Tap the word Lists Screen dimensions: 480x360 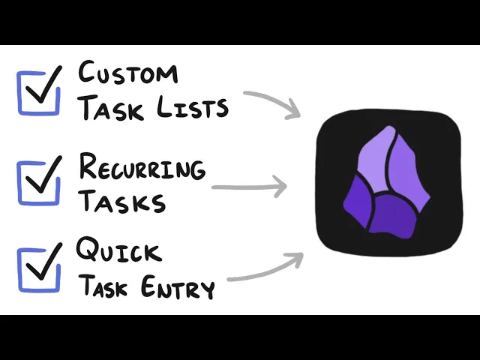(x=197, y=108)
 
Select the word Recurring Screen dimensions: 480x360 (x=142, y=166)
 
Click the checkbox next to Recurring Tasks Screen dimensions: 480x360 (x=39, y=181)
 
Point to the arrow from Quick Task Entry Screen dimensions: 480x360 (x=266, y=268)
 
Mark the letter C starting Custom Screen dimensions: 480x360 (x=89, y=74)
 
